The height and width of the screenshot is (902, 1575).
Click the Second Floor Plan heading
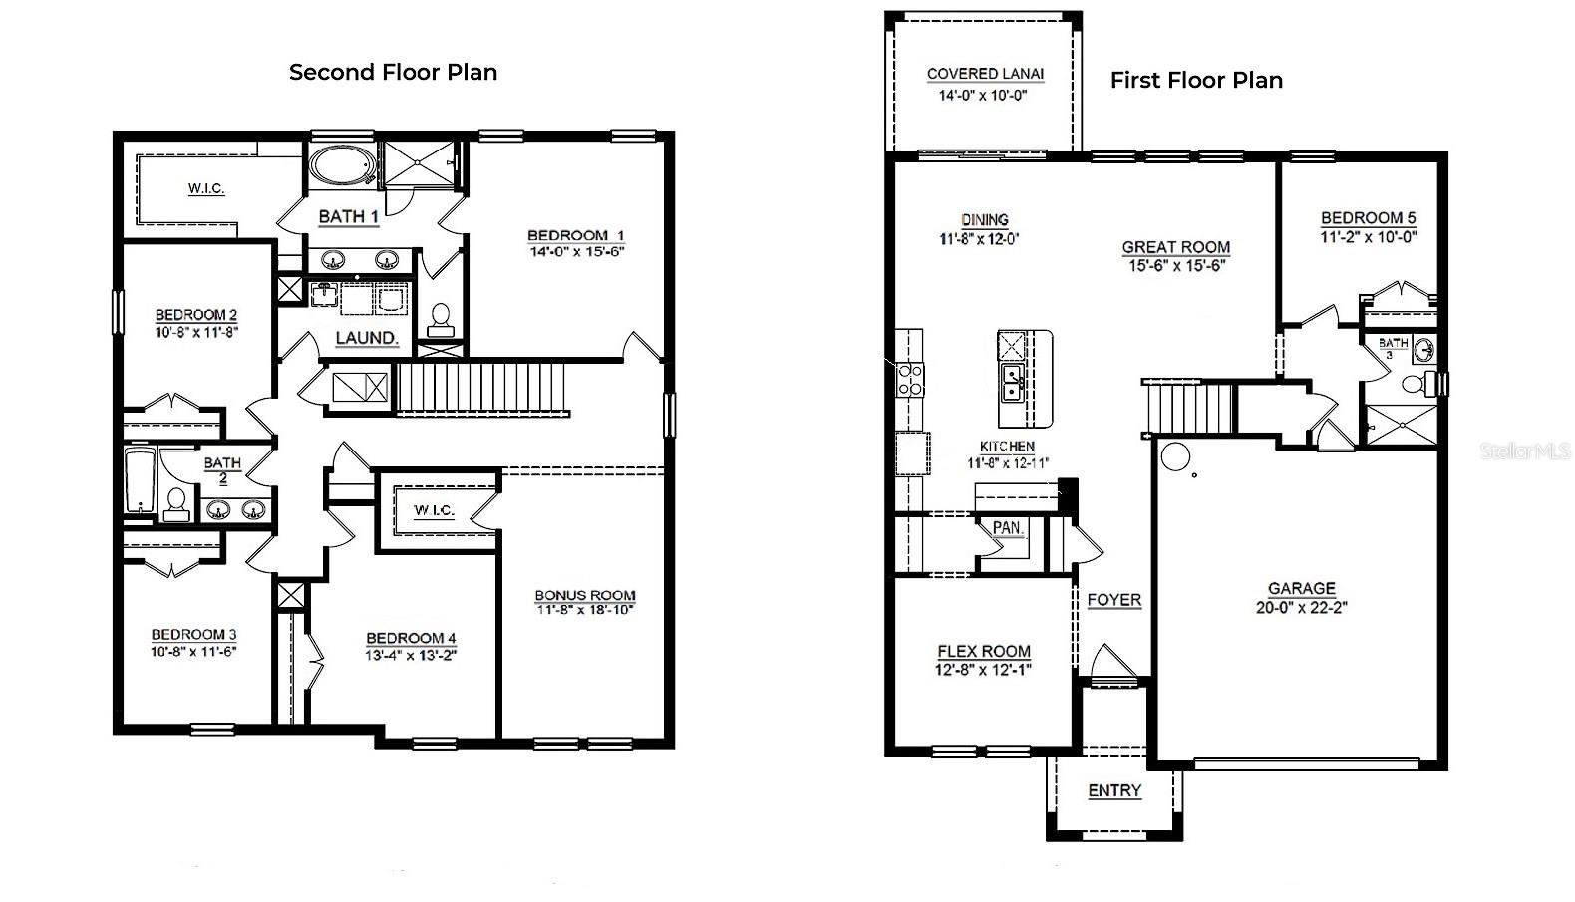[393, 72]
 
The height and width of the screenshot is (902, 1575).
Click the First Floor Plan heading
[1196, 80]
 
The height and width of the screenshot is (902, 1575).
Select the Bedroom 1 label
[575, 236]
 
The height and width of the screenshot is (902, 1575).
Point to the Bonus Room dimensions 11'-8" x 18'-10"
[584, 609]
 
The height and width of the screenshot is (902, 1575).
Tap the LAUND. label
[366, 338]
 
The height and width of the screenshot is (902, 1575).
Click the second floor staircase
[482, 388]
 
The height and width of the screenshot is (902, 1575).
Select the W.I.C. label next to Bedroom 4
[434, 510]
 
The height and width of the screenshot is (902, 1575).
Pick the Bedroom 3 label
[193, 634]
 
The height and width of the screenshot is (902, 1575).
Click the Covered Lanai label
[985, 74]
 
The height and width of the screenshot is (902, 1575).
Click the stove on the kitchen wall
[910, 380]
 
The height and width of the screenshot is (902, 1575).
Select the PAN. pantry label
[1008, 528]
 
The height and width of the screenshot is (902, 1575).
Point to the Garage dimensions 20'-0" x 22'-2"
[1301, 607]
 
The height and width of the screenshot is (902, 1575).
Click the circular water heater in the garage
[1175, 457]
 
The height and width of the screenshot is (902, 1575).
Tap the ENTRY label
[1113, 790]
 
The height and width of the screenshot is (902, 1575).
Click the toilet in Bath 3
[1413, 385]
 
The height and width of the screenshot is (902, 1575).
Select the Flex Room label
[983, 651]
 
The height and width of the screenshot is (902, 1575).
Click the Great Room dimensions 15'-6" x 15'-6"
[1175, 265]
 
